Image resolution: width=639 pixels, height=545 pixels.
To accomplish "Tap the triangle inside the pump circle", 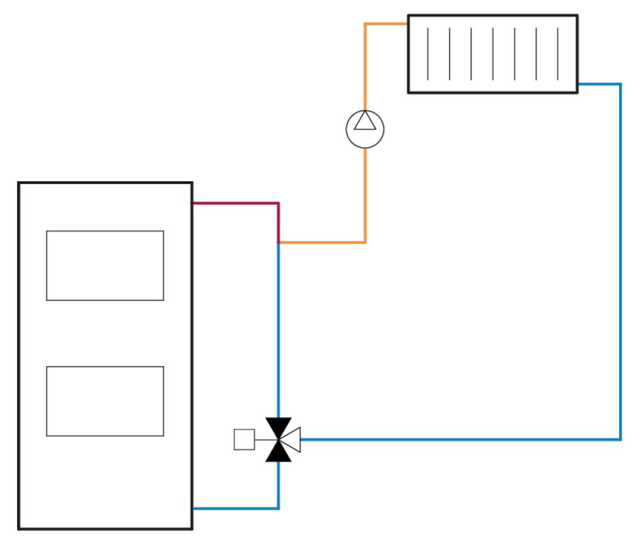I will [x=365, y=121].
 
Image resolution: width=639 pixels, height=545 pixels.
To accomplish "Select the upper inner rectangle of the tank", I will [x=105, y=265].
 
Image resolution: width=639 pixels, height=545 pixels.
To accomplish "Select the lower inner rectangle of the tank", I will [x=105, y=401].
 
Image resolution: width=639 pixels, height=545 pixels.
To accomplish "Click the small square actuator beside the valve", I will [x=244, y=440].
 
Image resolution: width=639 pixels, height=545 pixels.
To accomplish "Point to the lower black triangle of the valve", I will [x=279, y=452].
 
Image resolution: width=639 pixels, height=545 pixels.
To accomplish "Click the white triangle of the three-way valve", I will [x=292, y=440].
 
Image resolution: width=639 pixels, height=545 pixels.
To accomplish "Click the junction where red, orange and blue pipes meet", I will [x=279, y=243].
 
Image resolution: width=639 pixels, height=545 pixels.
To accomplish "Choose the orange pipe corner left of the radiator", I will [x=365, y=24].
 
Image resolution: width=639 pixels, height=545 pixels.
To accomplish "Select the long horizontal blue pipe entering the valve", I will [x=460, y=440].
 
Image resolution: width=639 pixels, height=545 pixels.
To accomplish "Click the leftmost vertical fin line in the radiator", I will [x=428, y=54].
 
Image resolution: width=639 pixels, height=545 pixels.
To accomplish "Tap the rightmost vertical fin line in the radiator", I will [x=558, y=54].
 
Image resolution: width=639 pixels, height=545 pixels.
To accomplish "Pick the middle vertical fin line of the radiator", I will [x=493, y=54].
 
